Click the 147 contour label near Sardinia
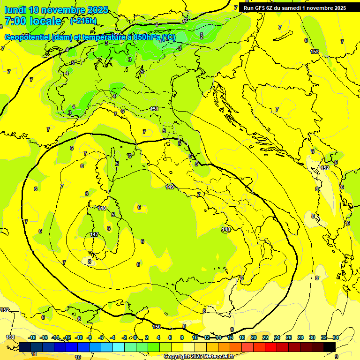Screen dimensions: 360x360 tap(94, 234)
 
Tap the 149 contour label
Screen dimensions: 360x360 tap(170, 187)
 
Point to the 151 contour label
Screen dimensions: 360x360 tap(154, 109)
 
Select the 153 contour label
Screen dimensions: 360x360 tap(315, 52)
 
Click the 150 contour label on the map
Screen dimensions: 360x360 tap(157, 327)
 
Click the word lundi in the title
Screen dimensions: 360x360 tap(15, 10)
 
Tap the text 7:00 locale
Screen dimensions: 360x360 tap(33, 21)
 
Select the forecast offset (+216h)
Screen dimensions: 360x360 tap(83, 21)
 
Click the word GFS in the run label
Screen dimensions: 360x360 tap(261, 7)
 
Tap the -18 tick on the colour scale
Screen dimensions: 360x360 tap(32, 337)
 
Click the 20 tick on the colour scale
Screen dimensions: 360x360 tap(254, 337)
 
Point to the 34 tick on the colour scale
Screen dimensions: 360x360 tap(336, 337)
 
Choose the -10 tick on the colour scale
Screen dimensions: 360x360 tap(79, 337)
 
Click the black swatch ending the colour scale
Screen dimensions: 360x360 tap(330, 347)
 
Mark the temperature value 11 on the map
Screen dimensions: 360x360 tap(33, 354)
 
